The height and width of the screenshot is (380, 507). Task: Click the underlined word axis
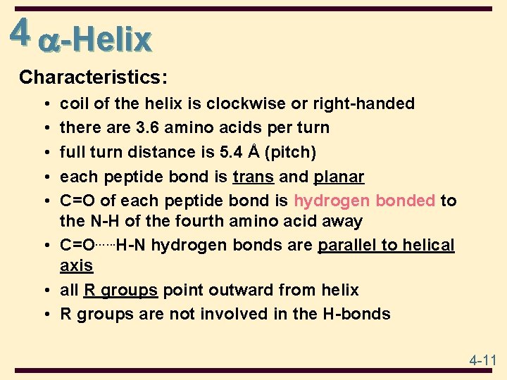coord(76,266)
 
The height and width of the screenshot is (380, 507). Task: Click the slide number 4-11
coord(483,361)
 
